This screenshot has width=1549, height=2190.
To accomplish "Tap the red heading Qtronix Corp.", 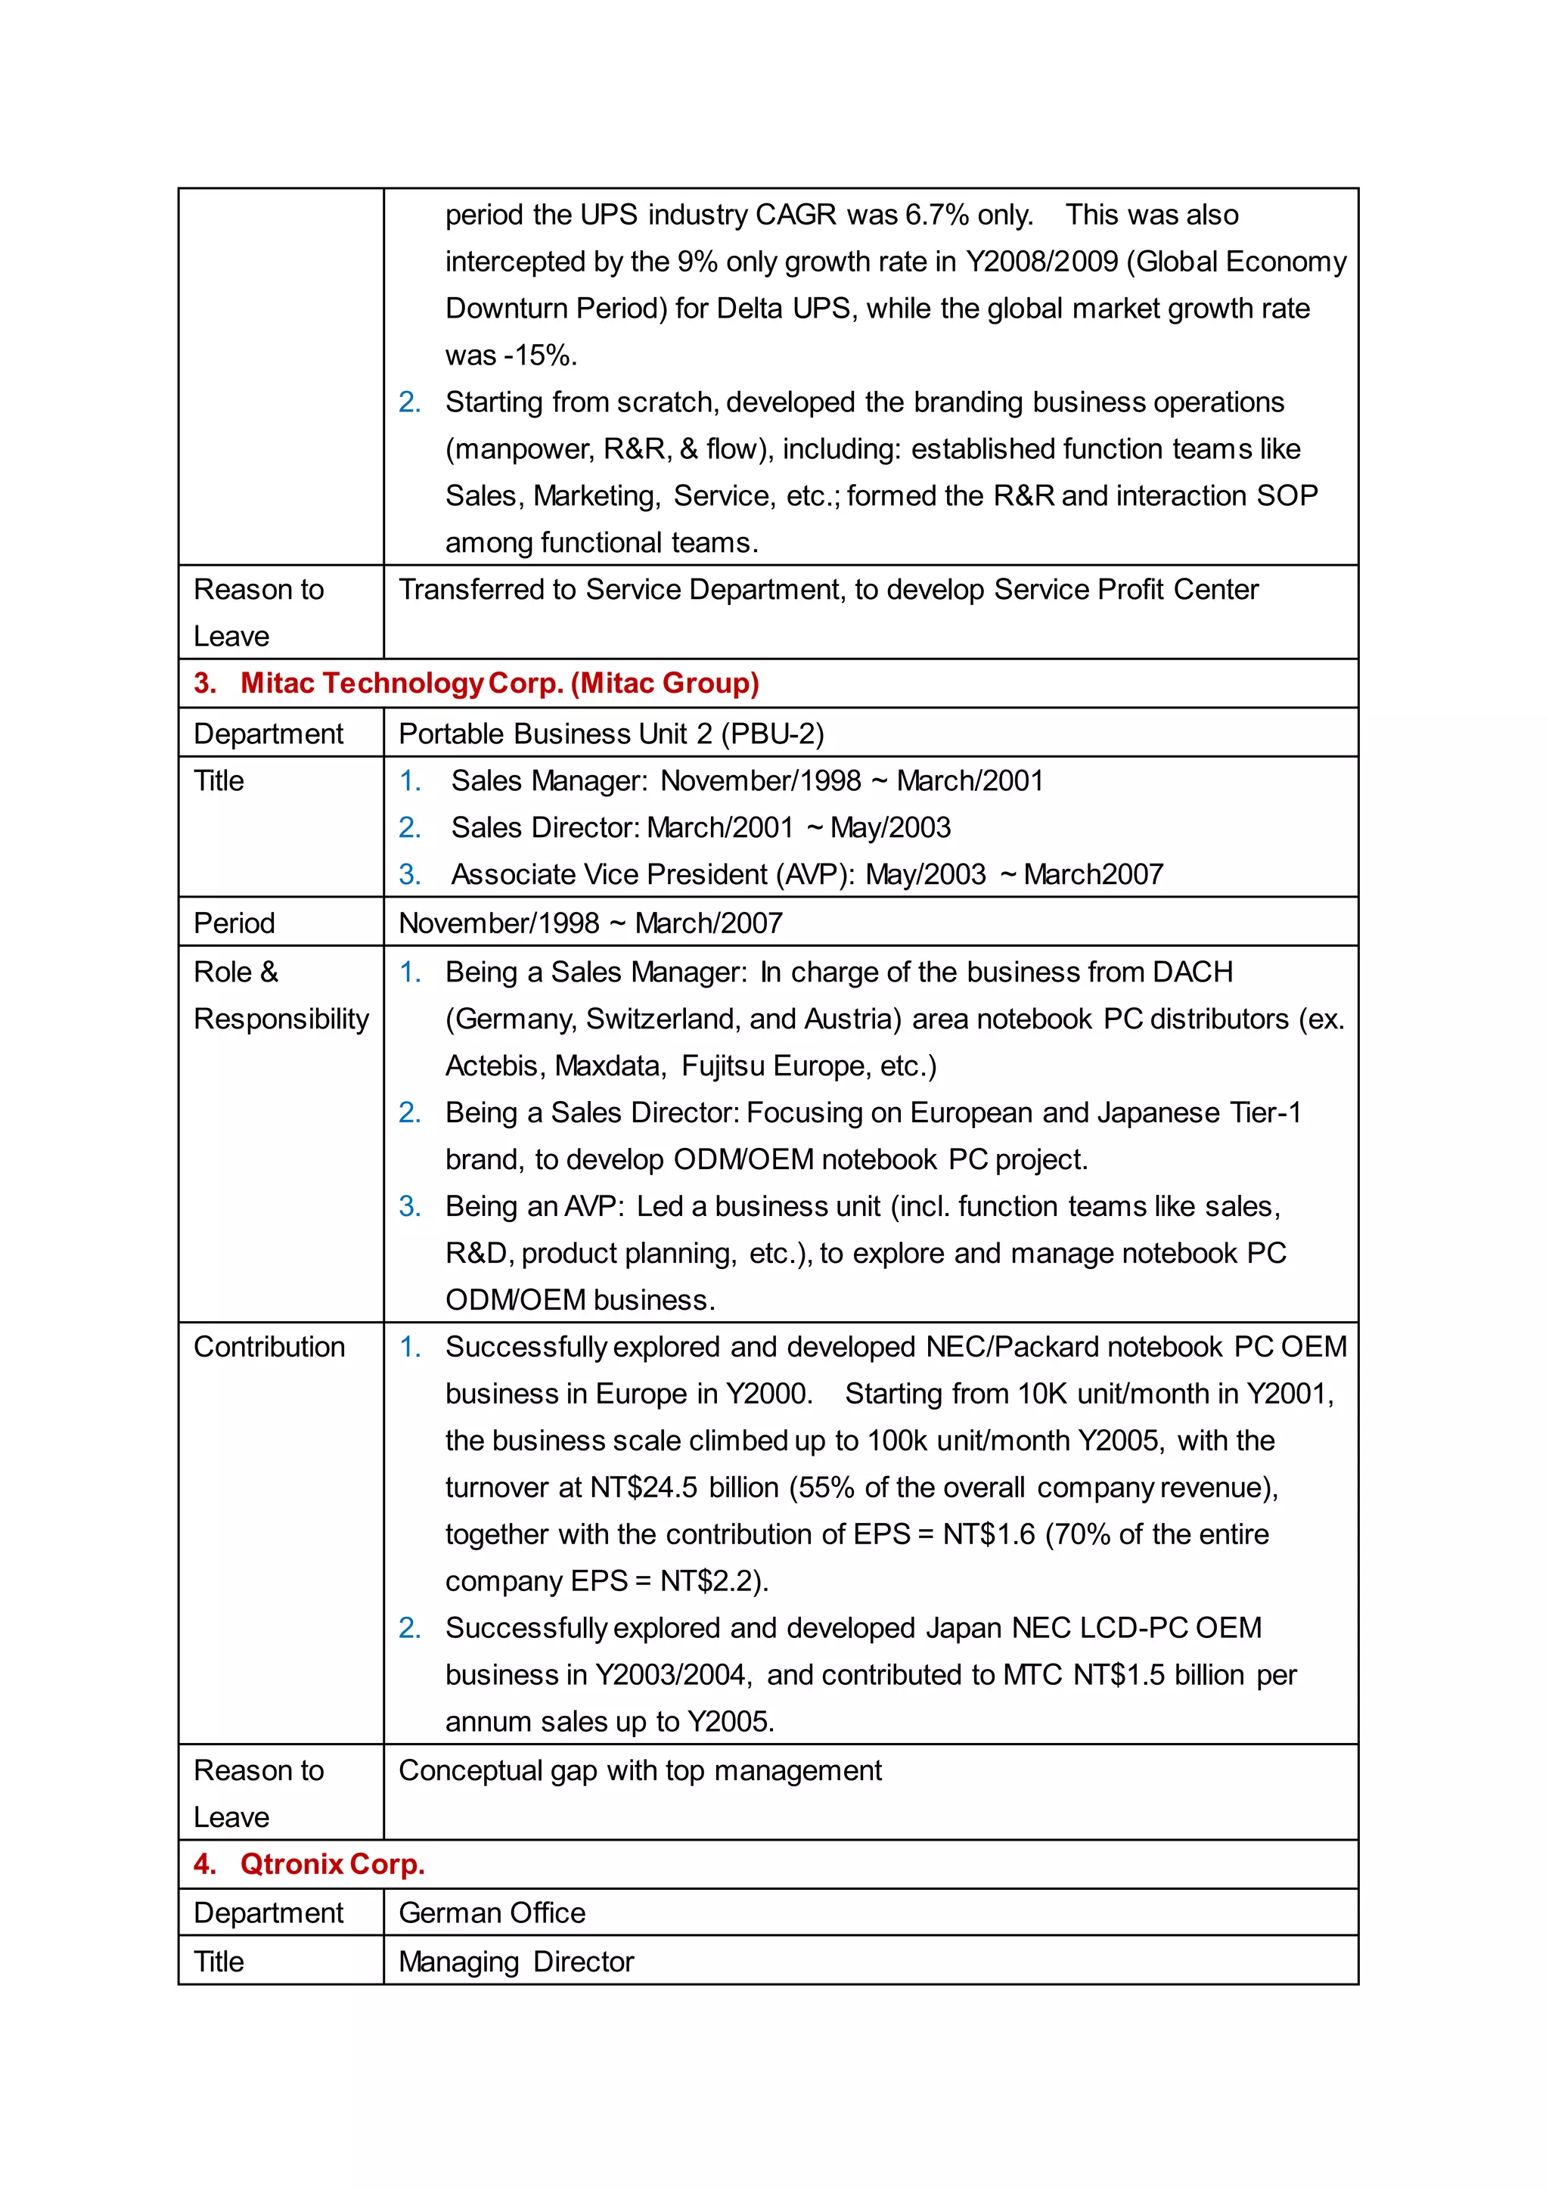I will pyautogui.click(x=331, y=1864).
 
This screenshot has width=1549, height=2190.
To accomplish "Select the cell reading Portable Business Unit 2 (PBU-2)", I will pyautogui.click(x=610, y=734).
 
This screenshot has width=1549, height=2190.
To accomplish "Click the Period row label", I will pyautogui.click(x=234, y=923).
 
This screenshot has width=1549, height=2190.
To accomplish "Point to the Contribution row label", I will pyautogui.click(x=269, y=1347).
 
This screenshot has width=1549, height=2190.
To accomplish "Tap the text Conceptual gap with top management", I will pyautogui.click(x=640, y=1770).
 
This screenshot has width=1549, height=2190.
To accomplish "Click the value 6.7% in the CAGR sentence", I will pyautogui.click(x=936, y=215).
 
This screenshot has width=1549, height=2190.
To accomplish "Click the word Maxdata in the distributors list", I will pyautogui.click(x=610, y=1066).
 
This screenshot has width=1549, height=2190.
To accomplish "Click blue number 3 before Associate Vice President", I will pyautogui.click(x=409, y=875).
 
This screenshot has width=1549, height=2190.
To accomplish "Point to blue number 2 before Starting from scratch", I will pyautogui.click(x=409, y=402).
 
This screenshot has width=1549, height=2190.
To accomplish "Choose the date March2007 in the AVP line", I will pyautogui.click(x=1093, y=875).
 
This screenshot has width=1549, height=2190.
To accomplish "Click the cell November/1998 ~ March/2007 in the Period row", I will pyautogui.click(x=591, y=923).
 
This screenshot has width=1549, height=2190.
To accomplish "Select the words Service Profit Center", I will pyautogui.click(x=1125, y=589).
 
